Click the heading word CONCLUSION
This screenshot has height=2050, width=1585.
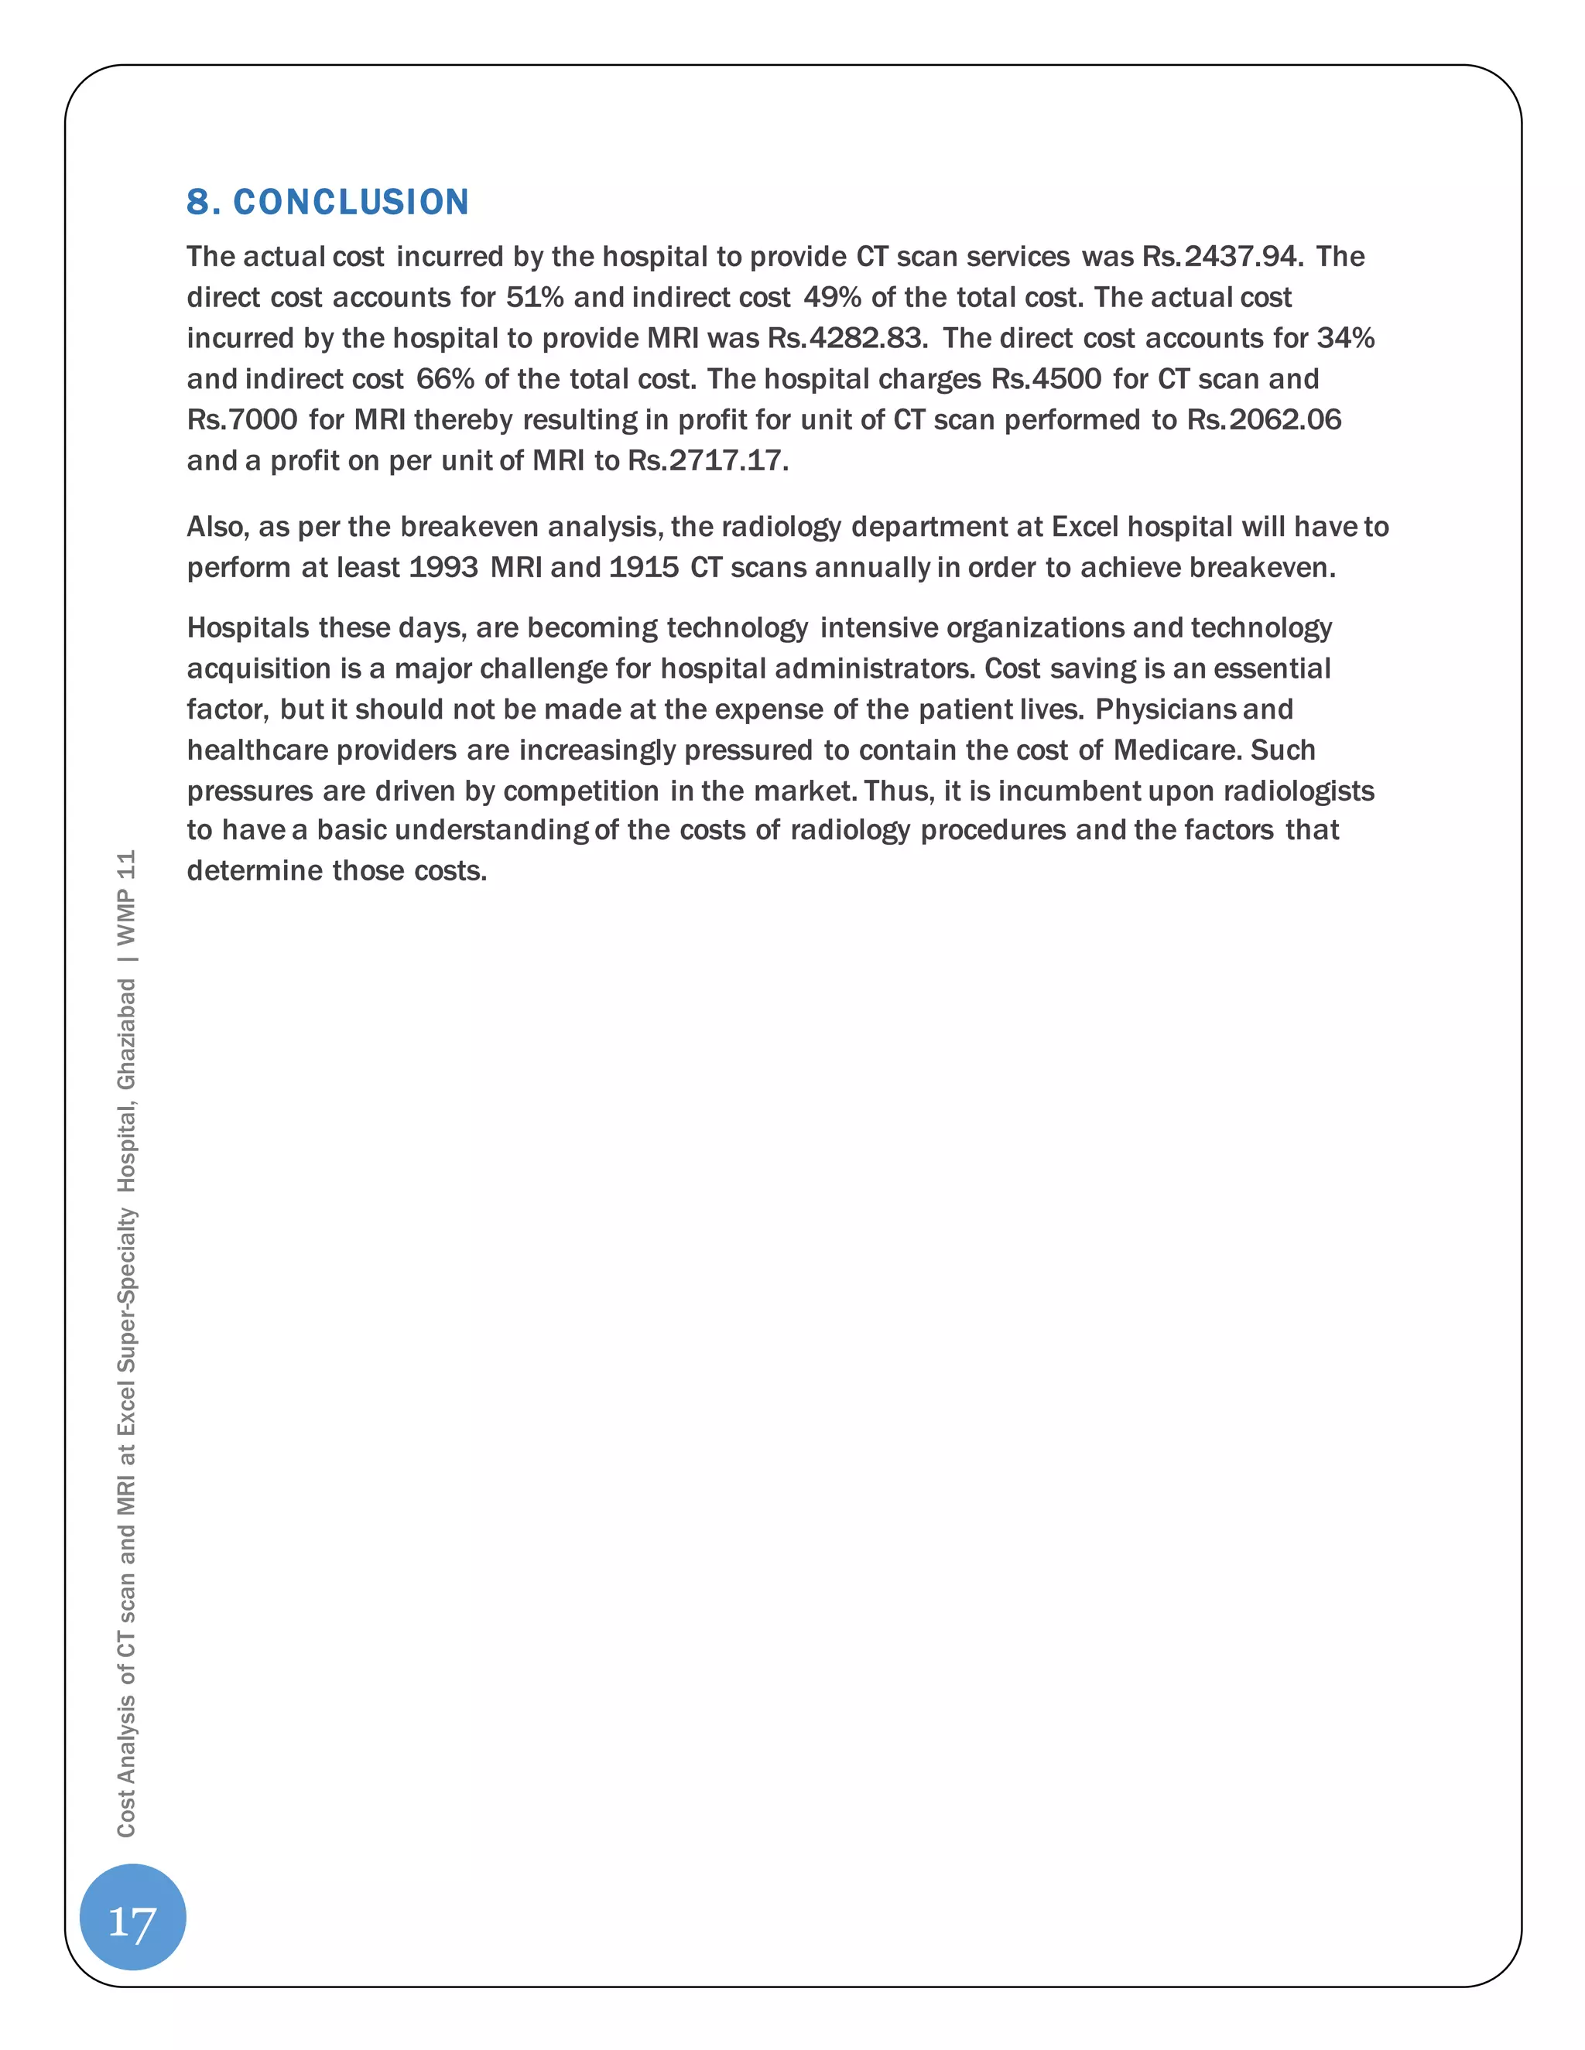pyautogui.click(x=351, y=202)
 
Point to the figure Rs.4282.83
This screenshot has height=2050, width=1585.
pyautogui.click(x=847, y=338)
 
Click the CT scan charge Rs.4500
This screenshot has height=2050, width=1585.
pyautogui.click(x=1046, y=379)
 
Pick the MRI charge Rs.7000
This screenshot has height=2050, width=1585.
pyautogui.click(x=242, y=419)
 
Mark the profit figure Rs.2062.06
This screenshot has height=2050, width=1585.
pyautogui.click(x=1264, y=419)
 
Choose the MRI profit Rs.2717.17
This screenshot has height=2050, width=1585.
pyautogui.click(x=707, y=461)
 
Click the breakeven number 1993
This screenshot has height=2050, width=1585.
pyautogui.click(x=444, y=568)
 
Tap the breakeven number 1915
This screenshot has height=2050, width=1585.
pyautogui.click(x=644, y=568)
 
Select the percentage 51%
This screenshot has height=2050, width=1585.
pyautogui.click(x=536, y=298)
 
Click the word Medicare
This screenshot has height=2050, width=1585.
pyautogui.click(x=1177, y=750)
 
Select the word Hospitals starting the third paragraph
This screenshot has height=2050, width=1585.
pyautogui.click(x=248, y=628)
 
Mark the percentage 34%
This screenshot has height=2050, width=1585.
pyautogui.click(x=1346, y=338)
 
